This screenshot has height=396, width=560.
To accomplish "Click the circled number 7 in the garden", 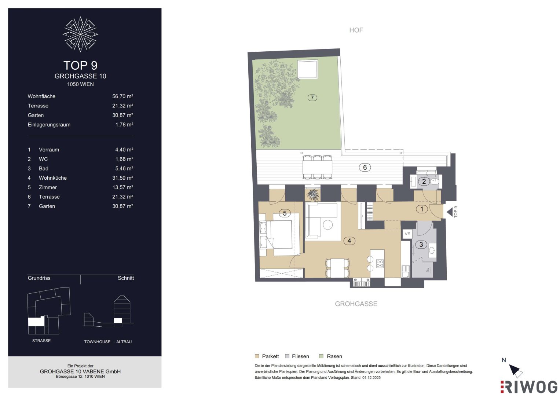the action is click(x=312, y=98).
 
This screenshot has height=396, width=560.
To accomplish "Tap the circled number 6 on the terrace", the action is click(x=365, y=167).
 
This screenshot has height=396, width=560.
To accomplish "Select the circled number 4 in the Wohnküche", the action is click(x=349, y=241).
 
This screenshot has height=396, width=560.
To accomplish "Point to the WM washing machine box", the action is click(x=407, y=234).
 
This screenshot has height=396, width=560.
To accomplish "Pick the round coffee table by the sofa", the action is click(x=328, y=225).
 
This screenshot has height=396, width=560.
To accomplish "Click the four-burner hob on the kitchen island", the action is click(x=380, y=264).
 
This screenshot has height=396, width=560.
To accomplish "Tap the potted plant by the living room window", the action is click(x=312, y=195).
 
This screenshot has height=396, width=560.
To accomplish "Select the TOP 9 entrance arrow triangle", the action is click(x=450, y=212).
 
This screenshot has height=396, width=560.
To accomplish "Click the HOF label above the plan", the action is click(x=356, y=30).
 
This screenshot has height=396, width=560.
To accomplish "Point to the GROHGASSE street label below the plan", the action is click(x=356, y=304).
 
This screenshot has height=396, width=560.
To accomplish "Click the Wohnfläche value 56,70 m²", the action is click(x=122, y=96).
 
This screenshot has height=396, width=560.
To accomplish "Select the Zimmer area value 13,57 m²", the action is click(x=122, y=187).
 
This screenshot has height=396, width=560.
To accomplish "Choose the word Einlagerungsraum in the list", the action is click(x=49, y=125).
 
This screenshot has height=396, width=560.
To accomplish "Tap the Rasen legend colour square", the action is click(x=322, y=356).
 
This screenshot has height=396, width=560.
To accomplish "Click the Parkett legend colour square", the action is click(x=257, y=356).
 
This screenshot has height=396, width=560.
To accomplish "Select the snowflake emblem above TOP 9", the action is click(x=80, y=34).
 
